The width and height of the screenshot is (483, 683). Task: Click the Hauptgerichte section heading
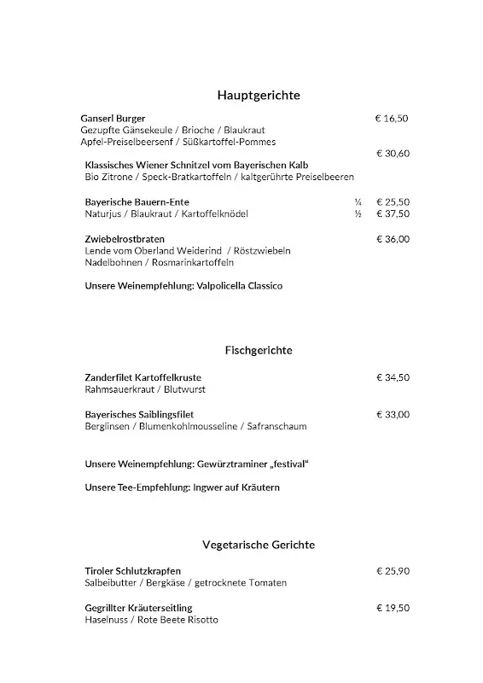point(259,95)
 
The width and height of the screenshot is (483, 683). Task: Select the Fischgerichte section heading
point(259,350)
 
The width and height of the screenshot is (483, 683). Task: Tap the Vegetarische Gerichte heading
point(259,544)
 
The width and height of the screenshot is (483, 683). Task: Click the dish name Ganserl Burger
point(113,118)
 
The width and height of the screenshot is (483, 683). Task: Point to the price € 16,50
point(392,118)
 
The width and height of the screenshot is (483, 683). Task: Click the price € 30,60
point(393,154)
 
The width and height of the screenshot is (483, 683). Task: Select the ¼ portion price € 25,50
point(393,201)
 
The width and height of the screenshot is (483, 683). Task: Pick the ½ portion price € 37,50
point(393,213)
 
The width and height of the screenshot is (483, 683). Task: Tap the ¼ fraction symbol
point(358,201)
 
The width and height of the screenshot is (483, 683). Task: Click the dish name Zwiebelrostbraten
point(125,239)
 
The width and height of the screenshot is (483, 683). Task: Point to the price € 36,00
point(393,239)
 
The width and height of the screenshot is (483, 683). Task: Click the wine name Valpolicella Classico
point(240,286)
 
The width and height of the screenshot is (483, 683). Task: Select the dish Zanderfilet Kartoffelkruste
point(143,377)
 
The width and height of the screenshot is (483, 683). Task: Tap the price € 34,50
point(393,377)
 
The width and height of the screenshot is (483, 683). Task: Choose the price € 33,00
point(393,414)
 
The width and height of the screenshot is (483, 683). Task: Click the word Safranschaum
point(276,426)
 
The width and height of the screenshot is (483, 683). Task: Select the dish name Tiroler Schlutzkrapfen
point(133,570)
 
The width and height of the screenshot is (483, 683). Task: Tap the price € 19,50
point(393,608)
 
